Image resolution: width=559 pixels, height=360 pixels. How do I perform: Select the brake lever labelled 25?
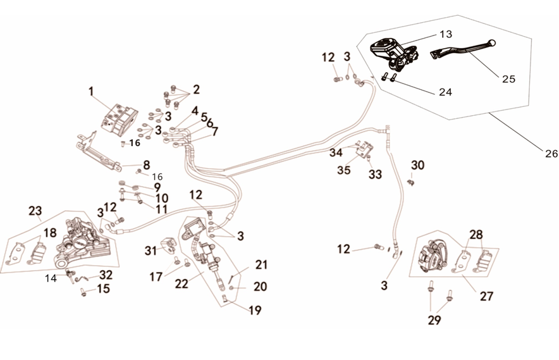point(465,51)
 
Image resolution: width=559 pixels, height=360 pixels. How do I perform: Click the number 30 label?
point(417,166)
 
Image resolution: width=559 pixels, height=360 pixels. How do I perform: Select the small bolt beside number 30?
point(412,182)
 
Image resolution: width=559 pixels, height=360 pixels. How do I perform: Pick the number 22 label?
point(182,284)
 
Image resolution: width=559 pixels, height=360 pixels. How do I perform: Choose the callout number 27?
point(486,295)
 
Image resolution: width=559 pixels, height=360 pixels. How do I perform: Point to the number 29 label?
point(434,320)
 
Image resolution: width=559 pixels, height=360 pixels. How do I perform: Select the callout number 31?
point(150,251)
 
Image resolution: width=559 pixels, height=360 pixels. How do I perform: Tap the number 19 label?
point(255,310)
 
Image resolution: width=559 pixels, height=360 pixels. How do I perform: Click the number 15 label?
point(103,289)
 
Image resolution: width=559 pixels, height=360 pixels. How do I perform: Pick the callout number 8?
point(146,164)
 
